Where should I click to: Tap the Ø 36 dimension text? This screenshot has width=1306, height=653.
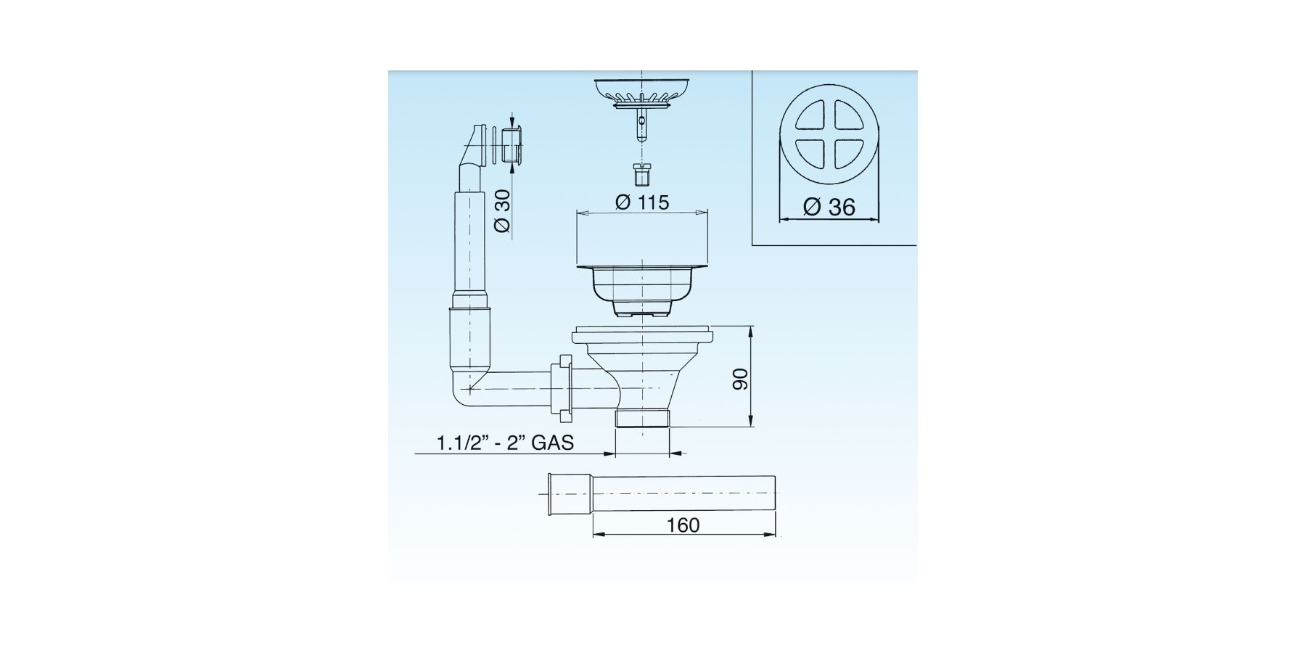coord(829,207)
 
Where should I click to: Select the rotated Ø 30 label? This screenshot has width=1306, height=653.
coord(502,210)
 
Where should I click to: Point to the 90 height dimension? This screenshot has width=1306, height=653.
coord(739,378)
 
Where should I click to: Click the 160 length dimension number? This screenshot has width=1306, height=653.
coord(683,525)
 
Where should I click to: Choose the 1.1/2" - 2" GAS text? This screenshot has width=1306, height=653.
coord(505,442)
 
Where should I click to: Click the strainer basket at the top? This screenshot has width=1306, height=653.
coord(641,92)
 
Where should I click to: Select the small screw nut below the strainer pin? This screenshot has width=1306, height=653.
coord(641,175)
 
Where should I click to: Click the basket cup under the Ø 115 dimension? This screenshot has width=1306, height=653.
coord(641,291)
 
